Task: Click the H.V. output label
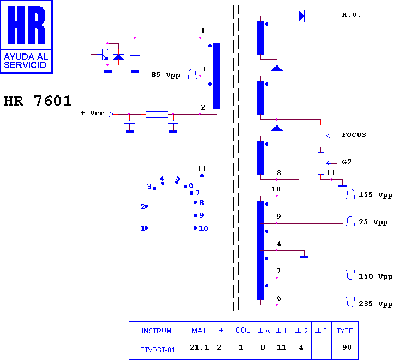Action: [351, 15]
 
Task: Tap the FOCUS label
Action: [354, 135]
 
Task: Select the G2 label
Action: [347, 162]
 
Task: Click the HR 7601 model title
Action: [38, 101]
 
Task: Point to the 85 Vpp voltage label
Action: [165, 75]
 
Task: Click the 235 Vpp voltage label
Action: [375, 304]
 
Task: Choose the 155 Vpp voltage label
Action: [375, 195]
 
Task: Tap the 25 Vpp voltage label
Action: [373, 223]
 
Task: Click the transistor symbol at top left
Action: [103, 54]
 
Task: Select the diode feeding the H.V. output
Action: [301, 16]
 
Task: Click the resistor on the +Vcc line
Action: [157, 115]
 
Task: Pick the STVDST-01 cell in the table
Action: [157, 350]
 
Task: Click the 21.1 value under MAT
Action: [199, 347]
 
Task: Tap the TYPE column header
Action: [345, 331]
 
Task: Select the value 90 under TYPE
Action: [347, 347]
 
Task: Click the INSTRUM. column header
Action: [157, 331]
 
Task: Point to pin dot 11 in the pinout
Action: [202, 176]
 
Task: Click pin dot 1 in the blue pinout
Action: [146, 228]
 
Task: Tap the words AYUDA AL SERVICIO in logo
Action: [26, 61]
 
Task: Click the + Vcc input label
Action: [92, 113]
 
